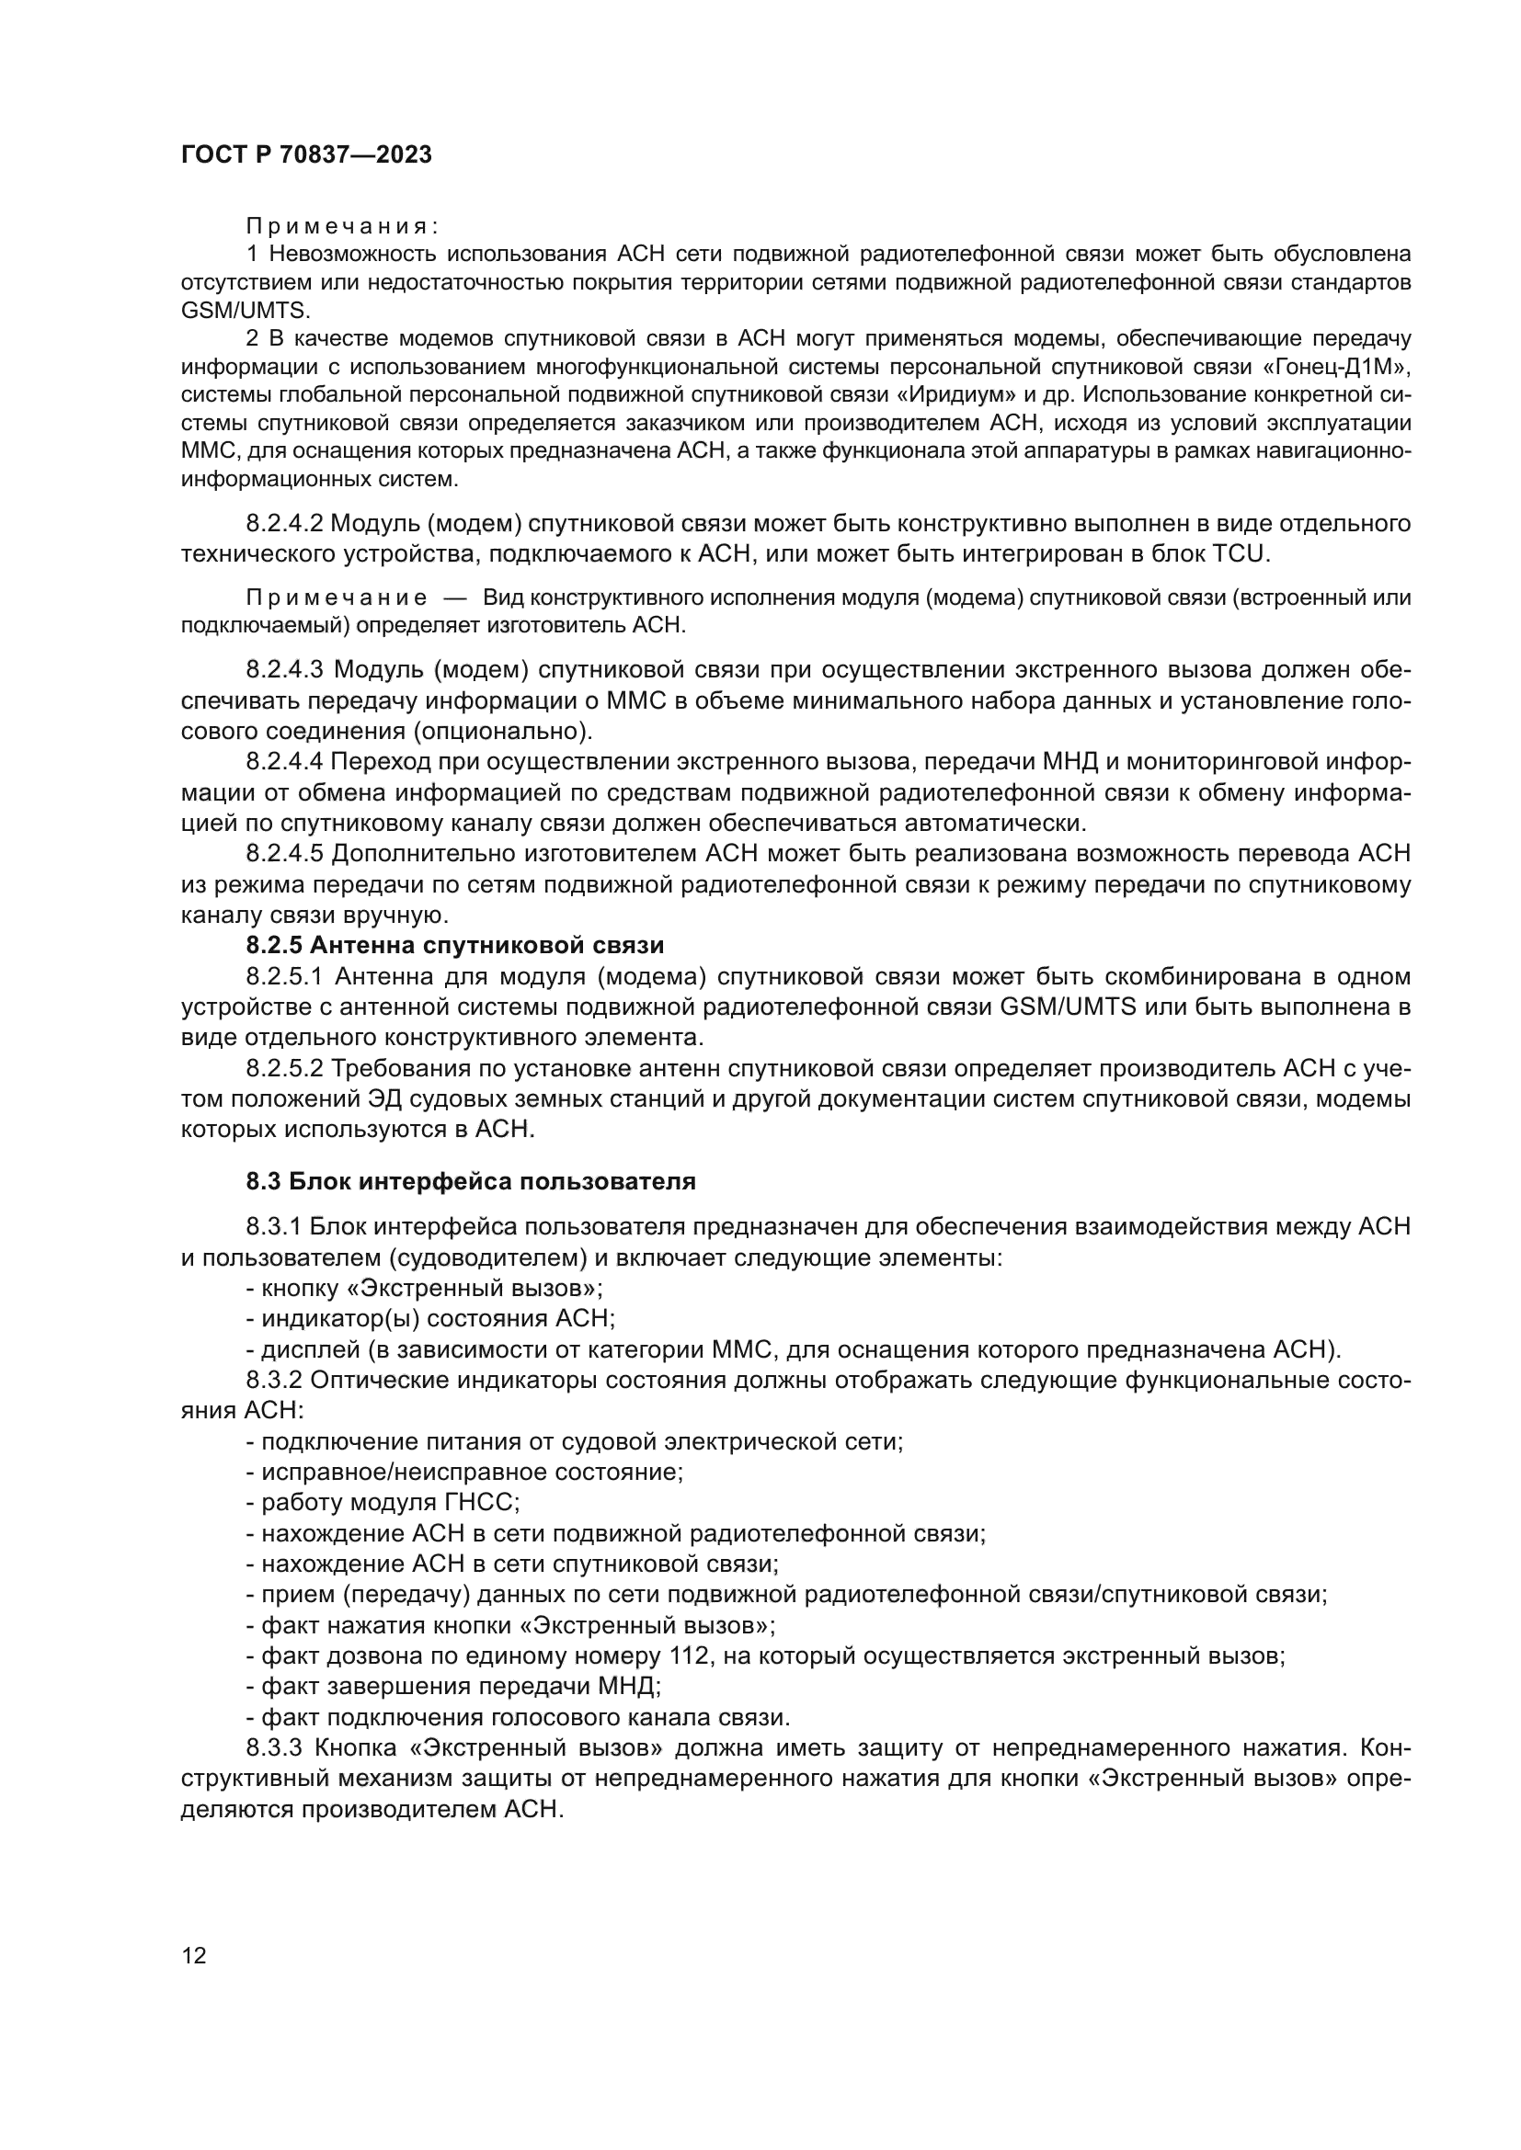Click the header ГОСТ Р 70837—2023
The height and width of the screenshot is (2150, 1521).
click(x=306, y=155)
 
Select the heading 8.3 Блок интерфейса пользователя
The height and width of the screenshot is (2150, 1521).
click(x=470, y=1182)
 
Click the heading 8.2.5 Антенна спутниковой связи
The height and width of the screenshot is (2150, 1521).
click(x=454, y=946)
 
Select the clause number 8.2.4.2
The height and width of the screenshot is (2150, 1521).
click(x=284, y=523)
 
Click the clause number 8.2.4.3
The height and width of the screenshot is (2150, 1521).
click(x=285, y=669)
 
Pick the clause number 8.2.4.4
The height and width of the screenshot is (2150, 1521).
click(x=284, y=762)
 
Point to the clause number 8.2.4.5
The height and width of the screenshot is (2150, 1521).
click(x=284, y=853)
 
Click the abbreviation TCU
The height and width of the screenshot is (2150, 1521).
click(x=1240, y=554)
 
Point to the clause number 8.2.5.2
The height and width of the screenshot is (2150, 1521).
click(x=284, y=1068)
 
